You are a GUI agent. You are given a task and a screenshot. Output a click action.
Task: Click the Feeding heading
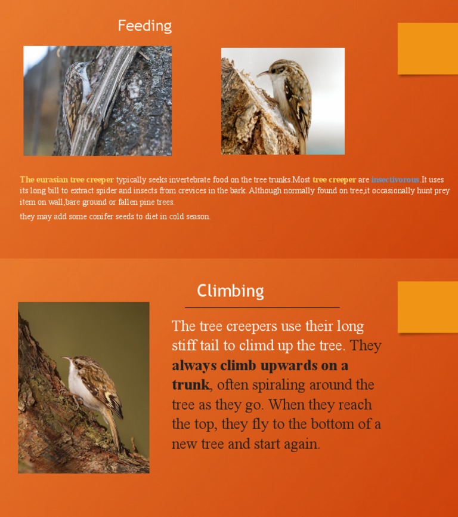(x=144, y=26)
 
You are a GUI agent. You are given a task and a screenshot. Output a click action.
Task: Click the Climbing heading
(x=230, y=291)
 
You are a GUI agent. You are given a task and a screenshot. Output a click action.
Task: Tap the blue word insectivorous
(x=395, y=180)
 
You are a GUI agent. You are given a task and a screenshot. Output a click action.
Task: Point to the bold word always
(x=194, y=365)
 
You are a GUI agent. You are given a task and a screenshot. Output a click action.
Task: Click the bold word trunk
(x=190, y=385)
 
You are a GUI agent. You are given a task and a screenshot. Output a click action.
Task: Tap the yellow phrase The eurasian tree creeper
(x=67, y=180)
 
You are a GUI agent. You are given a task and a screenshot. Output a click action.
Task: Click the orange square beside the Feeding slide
(x=428, y=48)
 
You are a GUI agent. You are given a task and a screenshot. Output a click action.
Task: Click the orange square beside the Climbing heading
(x=428, y=307)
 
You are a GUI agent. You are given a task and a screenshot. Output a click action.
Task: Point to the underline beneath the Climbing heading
(x=262, y=307)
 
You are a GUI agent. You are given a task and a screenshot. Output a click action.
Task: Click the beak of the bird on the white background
(x=262, y=73)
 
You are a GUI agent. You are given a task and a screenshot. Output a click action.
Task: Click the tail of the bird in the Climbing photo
(x=115, y=433)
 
